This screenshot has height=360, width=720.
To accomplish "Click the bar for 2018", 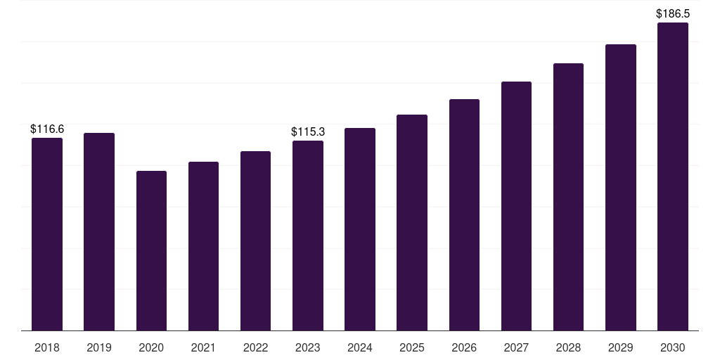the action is click(47, 234).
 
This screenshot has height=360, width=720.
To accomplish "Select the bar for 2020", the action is click(152, 251).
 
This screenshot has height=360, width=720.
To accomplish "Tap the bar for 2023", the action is click(308, 236).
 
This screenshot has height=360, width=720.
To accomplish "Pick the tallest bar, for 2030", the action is click(673, 176).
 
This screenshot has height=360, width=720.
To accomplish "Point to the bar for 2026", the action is click(464, 215).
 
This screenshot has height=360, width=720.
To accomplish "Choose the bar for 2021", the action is click(203, 246).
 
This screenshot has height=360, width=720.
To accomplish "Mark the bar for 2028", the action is click(568, 197).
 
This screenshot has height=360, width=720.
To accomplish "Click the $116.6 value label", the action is click(47, 129).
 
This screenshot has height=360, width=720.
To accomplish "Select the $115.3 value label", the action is click(308, 131).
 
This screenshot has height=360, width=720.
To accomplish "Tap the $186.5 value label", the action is click(673, 14).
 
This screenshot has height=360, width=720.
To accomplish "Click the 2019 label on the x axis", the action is click(99, 347).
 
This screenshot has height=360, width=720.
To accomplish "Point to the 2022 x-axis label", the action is click(255, 347).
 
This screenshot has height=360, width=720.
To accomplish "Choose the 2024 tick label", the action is click(360, 347).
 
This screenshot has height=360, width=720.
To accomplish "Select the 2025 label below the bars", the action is click(412, 347).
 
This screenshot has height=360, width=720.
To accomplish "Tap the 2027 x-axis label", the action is click(516, 347).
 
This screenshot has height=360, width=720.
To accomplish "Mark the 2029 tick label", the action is click(621, 347).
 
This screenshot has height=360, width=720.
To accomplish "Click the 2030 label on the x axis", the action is click(673, 347).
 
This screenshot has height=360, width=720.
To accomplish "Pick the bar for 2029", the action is click(621, 187).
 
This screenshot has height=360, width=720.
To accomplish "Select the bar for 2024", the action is click(360, 229).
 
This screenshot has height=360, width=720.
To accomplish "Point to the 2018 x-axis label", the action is click(47, 347).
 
